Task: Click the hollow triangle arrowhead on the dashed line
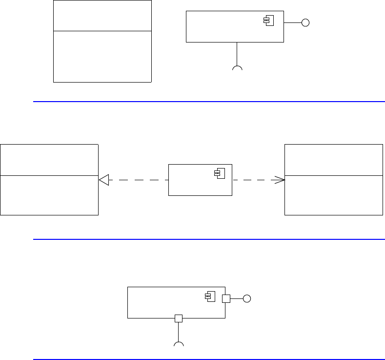103,180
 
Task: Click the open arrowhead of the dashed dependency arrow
281,180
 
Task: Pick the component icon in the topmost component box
268,20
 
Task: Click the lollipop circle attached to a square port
247,298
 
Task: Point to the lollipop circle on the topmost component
305,22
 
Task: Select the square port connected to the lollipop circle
226,298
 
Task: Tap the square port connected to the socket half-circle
179,318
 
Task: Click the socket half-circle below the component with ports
179,345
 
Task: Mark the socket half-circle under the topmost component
237,68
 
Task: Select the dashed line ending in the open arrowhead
256,180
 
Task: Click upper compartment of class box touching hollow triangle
49,159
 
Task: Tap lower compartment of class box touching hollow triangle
49,195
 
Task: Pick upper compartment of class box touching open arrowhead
334,159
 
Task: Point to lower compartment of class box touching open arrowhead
334,195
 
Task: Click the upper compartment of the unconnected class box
102,16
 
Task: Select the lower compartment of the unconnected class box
102,56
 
